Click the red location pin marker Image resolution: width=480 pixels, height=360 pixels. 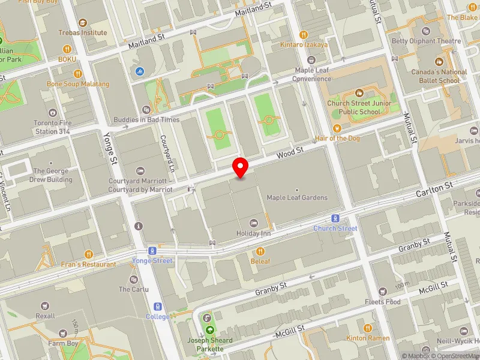[x=241, y=167]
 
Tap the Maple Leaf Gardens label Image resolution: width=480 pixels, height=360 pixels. [x=297, y=197]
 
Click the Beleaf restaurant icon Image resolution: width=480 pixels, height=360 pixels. [x=260, y=251]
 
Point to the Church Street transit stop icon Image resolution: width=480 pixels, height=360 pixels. [x=335, y=218]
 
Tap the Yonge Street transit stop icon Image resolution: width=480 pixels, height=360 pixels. [x=152, y=251]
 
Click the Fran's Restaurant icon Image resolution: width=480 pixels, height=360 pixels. [x=89, y=254]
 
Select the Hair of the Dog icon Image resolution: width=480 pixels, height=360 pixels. [x=337, y=128]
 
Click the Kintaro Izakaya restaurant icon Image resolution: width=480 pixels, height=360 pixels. [x=304, y=34]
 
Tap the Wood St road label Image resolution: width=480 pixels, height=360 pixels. [x=287, y=155]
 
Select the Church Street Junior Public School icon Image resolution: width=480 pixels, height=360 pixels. [x=359, y=93]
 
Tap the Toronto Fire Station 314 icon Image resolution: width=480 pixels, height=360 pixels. [x=53, y=113]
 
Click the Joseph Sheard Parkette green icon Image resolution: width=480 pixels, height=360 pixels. [x=210, y=329]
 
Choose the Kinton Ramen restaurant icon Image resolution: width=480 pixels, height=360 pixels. [x=367, y=328]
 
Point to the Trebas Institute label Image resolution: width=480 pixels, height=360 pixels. [x=83, y=32]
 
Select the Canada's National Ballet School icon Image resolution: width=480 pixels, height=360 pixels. [x=439, y=62]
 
